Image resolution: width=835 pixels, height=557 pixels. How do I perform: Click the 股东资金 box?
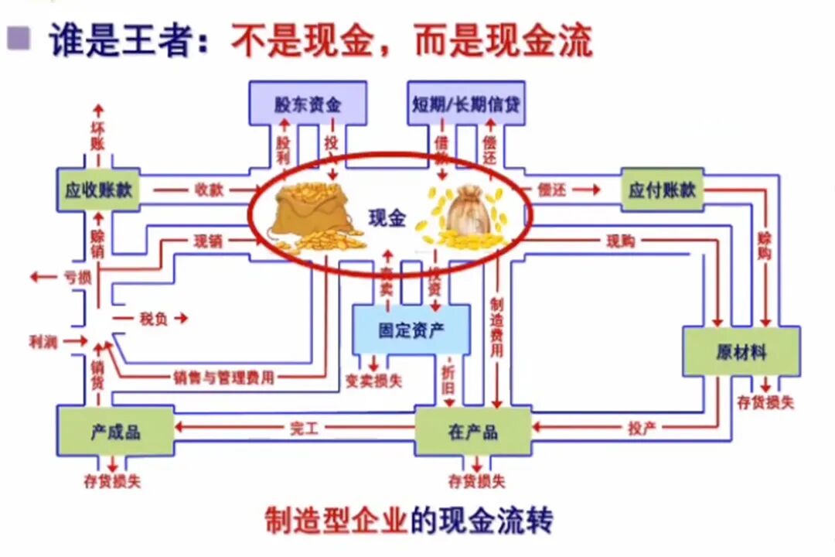307,102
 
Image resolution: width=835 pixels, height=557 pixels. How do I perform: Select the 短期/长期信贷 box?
465,102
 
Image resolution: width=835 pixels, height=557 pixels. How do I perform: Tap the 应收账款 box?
98,190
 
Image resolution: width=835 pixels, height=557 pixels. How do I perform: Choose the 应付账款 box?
663,190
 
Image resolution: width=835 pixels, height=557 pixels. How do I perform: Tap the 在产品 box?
472,431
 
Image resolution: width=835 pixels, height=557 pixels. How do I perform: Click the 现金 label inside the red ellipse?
387,218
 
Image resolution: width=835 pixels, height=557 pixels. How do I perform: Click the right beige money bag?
464,217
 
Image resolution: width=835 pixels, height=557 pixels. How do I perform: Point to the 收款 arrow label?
209,190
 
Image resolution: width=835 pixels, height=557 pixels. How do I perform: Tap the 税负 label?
153,318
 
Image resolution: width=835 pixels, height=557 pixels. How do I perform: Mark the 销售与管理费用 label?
223,378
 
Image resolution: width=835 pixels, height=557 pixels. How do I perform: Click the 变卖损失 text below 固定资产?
373,381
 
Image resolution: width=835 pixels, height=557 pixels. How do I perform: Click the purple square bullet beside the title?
19,37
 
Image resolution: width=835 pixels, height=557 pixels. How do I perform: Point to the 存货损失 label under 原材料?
765,402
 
